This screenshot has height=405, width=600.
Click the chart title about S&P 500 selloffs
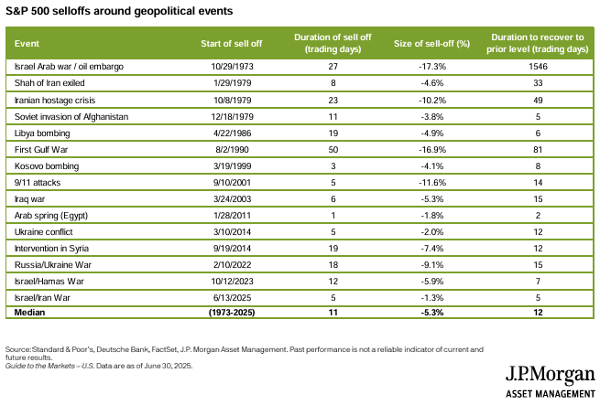click(119, 11)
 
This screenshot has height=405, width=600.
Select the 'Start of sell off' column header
click(232, 44)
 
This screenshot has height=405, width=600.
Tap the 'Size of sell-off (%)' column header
click(432, 44)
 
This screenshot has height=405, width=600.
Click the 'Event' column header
click(27, 44)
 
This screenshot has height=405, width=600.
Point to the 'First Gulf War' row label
click(41, 149)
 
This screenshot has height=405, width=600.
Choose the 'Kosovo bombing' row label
click(47, 166)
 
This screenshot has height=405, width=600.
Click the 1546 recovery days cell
click(538, 67)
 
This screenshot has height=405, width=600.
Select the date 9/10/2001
click(232, 183)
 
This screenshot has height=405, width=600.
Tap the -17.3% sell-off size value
click(432, 67)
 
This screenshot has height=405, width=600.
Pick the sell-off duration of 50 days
click(333, 149)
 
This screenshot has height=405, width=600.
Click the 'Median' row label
click(29, 313)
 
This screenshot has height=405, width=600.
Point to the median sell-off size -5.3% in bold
click(432, 313)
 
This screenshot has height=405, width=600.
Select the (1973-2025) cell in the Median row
click(232, 313)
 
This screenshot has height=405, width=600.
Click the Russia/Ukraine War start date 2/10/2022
click(232, 265)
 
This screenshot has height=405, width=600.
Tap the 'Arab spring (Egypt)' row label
click(51, 216)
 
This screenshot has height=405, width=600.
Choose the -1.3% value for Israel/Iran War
click(432, 298)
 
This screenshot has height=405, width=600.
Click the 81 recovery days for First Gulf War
click(538, 149)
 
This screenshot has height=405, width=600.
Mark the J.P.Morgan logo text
click(551, 375)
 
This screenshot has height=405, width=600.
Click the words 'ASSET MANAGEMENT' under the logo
click(551, 394)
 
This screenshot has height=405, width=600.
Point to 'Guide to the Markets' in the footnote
click(40, 366)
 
